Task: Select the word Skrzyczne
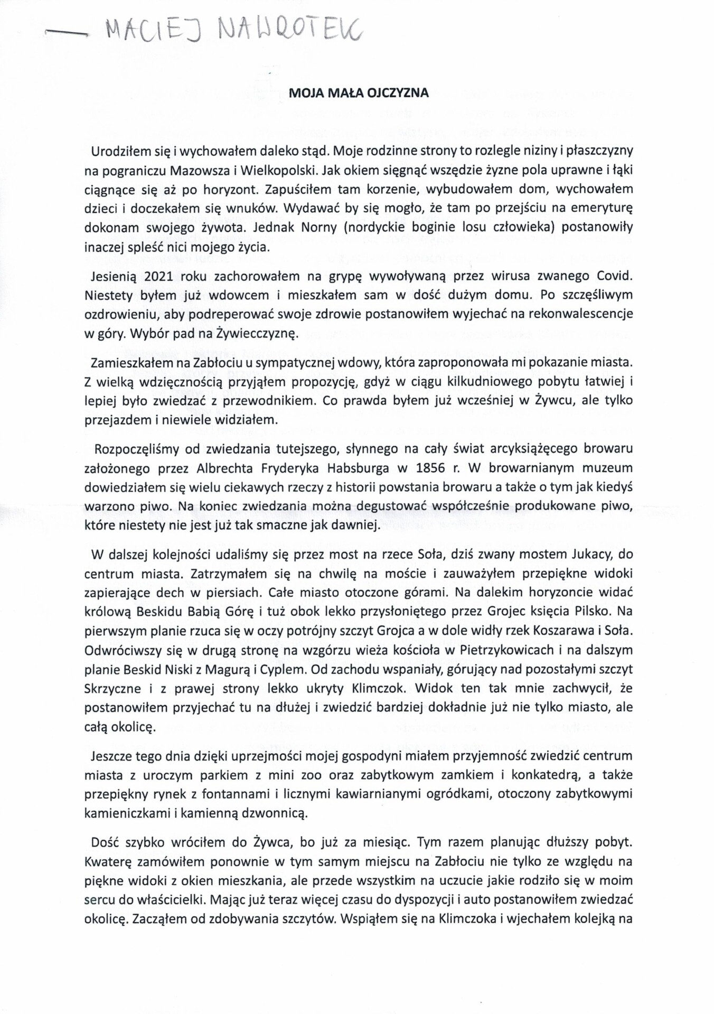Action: click(x=112, y=688)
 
